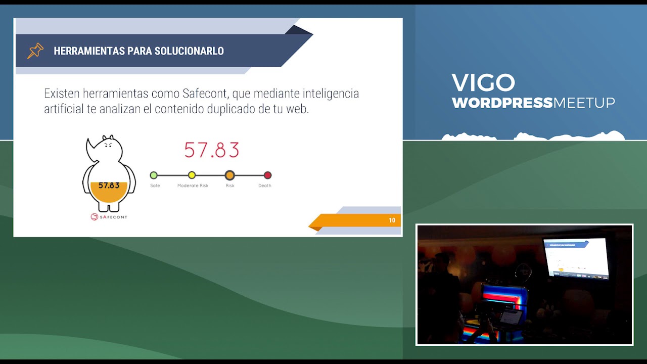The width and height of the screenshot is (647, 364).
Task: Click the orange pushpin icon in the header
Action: pyautogui.click(x=35, y=51)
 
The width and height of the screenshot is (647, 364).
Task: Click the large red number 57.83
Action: pyautogui.click(x=211, y=150)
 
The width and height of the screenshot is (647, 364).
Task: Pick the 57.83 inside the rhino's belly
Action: pyautogui.click(x=109, y=186)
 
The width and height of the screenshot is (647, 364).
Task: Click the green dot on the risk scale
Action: pyautogui.click(x=154, y=175)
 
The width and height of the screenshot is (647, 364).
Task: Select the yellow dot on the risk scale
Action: pyautogui.click(x=192, y=175)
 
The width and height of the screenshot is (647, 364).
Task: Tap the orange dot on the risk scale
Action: pyautogui.click(x=229, y=175)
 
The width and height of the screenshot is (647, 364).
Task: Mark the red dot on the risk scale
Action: pyautogui.click(x=267, y=175)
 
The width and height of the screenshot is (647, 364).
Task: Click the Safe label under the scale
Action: pyautogui.click(x=155, y=186)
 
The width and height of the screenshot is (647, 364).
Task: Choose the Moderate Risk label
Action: pyautogui.click(x=193, y=186)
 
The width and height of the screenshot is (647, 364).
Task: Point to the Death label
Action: pyautogui.click(x=264, y=186)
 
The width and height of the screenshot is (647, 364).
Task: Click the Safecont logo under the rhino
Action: pyautogui.click(x=109, y=217)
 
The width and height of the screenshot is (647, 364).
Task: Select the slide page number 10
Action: pyautogui.click(x=392, y=220)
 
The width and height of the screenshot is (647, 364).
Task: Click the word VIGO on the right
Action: pyautogui.click(x=483, y=83)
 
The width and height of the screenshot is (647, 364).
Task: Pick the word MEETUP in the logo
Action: pyautogui.click(x=584, y=103)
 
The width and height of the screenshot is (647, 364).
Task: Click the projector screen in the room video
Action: pyautogui.click(x=576, y=258)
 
